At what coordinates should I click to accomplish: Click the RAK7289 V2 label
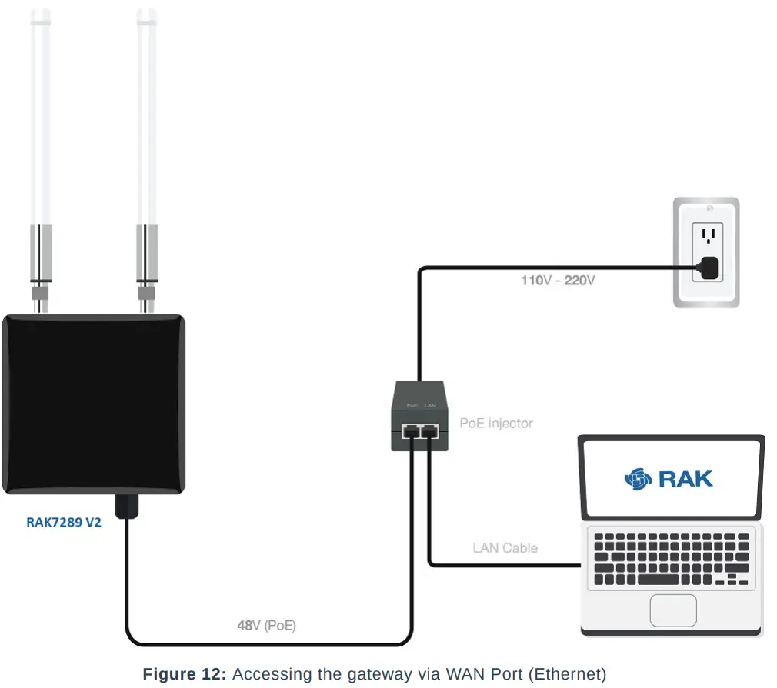tap(64, 523)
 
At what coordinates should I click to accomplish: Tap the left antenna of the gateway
tap(40, 115)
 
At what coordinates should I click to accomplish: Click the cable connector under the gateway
tap(126, 505)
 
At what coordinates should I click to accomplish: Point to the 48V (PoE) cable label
tap(266, 626)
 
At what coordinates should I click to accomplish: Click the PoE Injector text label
tap(496, 423)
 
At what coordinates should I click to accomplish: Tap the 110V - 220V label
tap(558, 281)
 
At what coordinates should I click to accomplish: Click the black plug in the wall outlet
tap(709, 268)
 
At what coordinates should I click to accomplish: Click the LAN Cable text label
tap(505, 548)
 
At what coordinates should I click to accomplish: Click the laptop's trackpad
tap(672, 610)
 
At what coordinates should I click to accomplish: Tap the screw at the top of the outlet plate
tap(707, 208)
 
